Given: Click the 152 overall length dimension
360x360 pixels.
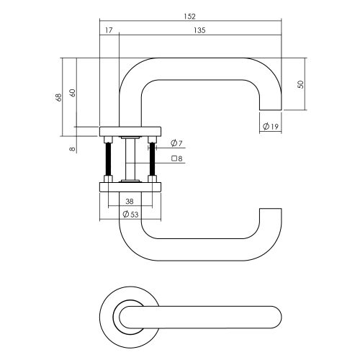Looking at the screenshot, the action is click(190, 17).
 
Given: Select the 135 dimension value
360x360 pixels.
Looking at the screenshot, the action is click(199, 30).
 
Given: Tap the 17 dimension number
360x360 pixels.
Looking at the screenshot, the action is click(109, 30).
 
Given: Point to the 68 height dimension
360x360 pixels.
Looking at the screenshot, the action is click(58, 97).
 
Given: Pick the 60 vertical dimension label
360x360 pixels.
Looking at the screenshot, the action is click(73, 93).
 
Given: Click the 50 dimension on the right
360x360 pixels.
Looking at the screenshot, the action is click(300, 84).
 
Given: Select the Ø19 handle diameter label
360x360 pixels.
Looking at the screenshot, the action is click(271, 126).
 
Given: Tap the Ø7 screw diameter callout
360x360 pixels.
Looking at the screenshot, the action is click(176, 143).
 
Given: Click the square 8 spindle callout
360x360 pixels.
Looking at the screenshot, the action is click(177, 158).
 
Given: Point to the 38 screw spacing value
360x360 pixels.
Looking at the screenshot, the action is click(130, 202).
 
